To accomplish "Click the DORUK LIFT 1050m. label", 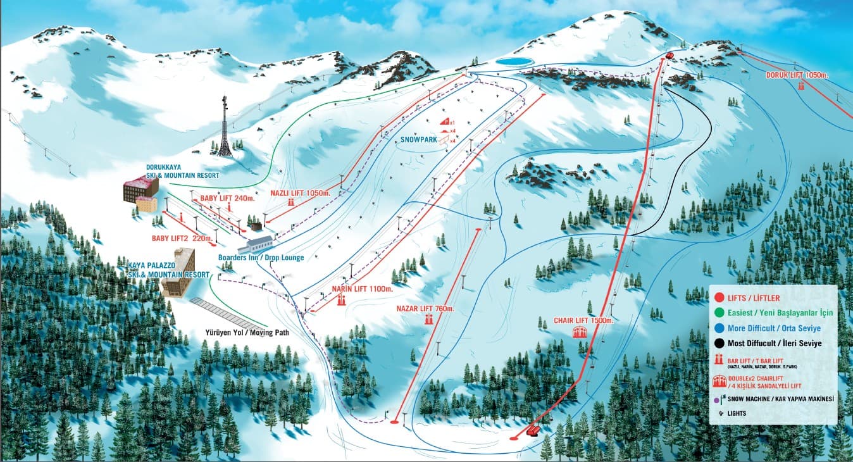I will tap(797, 75).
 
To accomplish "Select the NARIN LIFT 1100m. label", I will tap(362, 289).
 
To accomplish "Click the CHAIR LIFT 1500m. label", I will tap(583, 321).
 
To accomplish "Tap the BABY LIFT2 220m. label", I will tap(180, 239).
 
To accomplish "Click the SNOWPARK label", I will tap(419, 140).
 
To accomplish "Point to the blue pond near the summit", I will tap(513, 61).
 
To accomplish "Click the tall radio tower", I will tap(224, 127).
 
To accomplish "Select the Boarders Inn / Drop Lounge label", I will tap(261, 258).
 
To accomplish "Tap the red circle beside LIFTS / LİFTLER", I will tap(719, 297).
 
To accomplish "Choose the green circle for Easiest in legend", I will tap(719, 313).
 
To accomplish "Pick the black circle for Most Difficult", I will tap(719, 343).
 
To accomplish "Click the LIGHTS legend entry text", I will tap(737, 413).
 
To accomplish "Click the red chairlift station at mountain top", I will tap(669, 56).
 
